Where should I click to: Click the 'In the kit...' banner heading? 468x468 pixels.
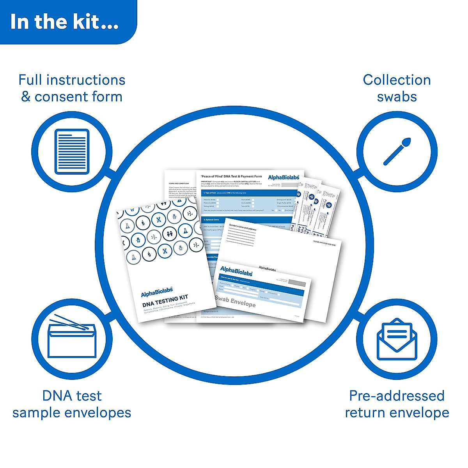(64, 22)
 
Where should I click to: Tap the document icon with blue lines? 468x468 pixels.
(72, 151)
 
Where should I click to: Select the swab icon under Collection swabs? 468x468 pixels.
(397, 151)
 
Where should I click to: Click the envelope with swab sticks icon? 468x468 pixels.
(72, 338)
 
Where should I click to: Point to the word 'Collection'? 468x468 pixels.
(397, 80)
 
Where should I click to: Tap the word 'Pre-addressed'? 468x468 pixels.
(397, 396)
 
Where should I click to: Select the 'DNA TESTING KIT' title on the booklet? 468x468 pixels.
(165, 301)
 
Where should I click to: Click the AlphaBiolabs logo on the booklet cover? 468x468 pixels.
(157, 292)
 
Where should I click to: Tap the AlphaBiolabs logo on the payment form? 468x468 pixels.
(284, 177)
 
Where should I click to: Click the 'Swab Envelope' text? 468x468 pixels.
(235, 301)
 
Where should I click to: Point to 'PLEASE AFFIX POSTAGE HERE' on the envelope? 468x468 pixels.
(324, 243)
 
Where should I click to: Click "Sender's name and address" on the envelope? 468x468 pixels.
(243, 227)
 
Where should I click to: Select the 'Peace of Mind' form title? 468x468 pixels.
(231, 176)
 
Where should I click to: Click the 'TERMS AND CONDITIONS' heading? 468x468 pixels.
(179, 183)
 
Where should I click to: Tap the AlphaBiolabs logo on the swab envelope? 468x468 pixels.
(236, 271)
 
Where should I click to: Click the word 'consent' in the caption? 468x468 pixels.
(59, 97)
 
